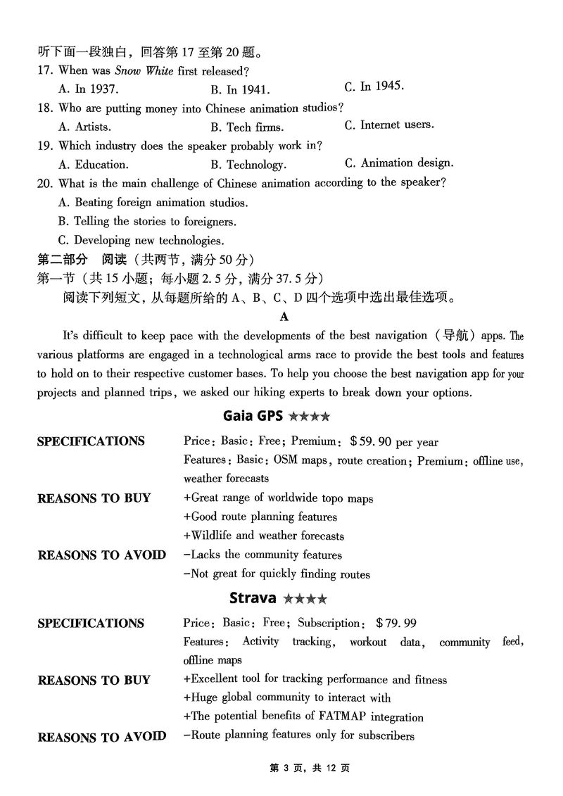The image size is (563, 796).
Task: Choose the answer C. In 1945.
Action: point(374,87)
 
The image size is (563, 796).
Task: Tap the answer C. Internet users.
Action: point(388,125)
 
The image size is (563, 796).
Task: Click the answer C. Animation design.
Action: point(398,163)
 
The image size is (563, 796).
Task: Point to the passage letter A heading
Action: point(284,317)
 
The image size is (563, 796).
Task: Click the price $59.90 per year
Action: point(394,442)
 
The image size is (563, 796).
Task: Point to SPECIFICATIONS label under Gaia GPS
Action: point(91,441)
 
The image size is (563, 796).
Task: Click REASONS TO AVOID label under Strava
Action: point(101,737)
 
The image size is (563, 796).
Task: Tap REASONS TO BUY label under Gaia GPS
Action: point(94,498)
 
